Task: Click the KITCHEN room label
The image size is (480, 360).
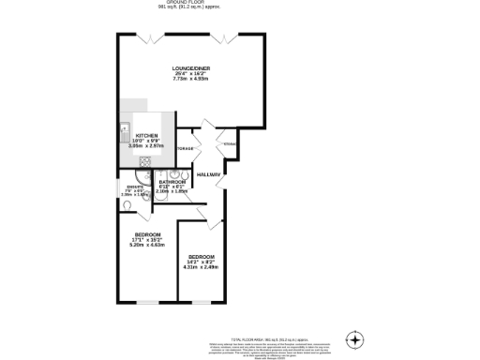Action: coord(145,136)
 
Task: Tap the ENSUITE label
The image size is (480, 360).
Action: coord(134,187)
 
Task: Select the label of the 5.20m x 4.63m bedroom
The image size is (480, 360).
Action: coord(147,234)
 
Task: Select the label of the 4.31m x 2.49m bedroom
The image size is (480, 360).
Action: coord(201,257)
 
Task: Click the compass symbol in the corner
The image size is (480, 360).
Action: coord(354,338)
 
